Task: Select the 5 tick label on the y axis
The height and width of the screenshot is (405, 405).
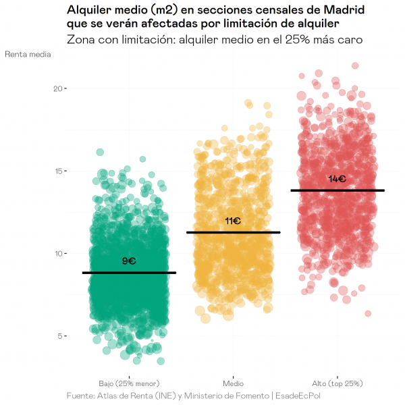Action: pyautogui.click(x=59, y=335)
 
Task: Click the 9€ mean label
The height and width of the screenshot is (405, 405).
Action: pyautogui.click(x=129, y=261)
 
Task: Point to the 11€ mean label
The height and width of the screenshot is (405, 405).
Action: pyautogui.click(x=233, y=221)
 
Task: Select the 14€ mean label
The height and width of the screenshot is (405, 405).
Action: pyautogui.click(x=337, y=179)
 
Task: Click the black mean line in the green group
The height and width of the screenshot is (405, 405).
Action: pyautogui.click(x=129, y=273)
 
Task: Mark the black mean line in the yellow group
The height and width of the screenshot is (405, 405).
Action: pyautogui.click(x=233, y=232)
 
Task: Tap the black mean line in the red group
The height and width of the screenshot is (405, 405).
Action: pyautogui.click(x=337, y=190)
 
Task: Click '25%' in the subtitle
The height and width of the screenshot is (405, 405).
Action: pyautogui.click(x=299, y=40)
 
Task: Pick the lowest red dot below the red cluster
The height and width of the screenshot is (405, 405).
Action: pyautogui.click(x=368, y=313)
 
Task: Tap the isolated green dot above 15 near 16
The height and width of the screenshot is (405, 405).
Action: pyautogui.click(x=100, y=153)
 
